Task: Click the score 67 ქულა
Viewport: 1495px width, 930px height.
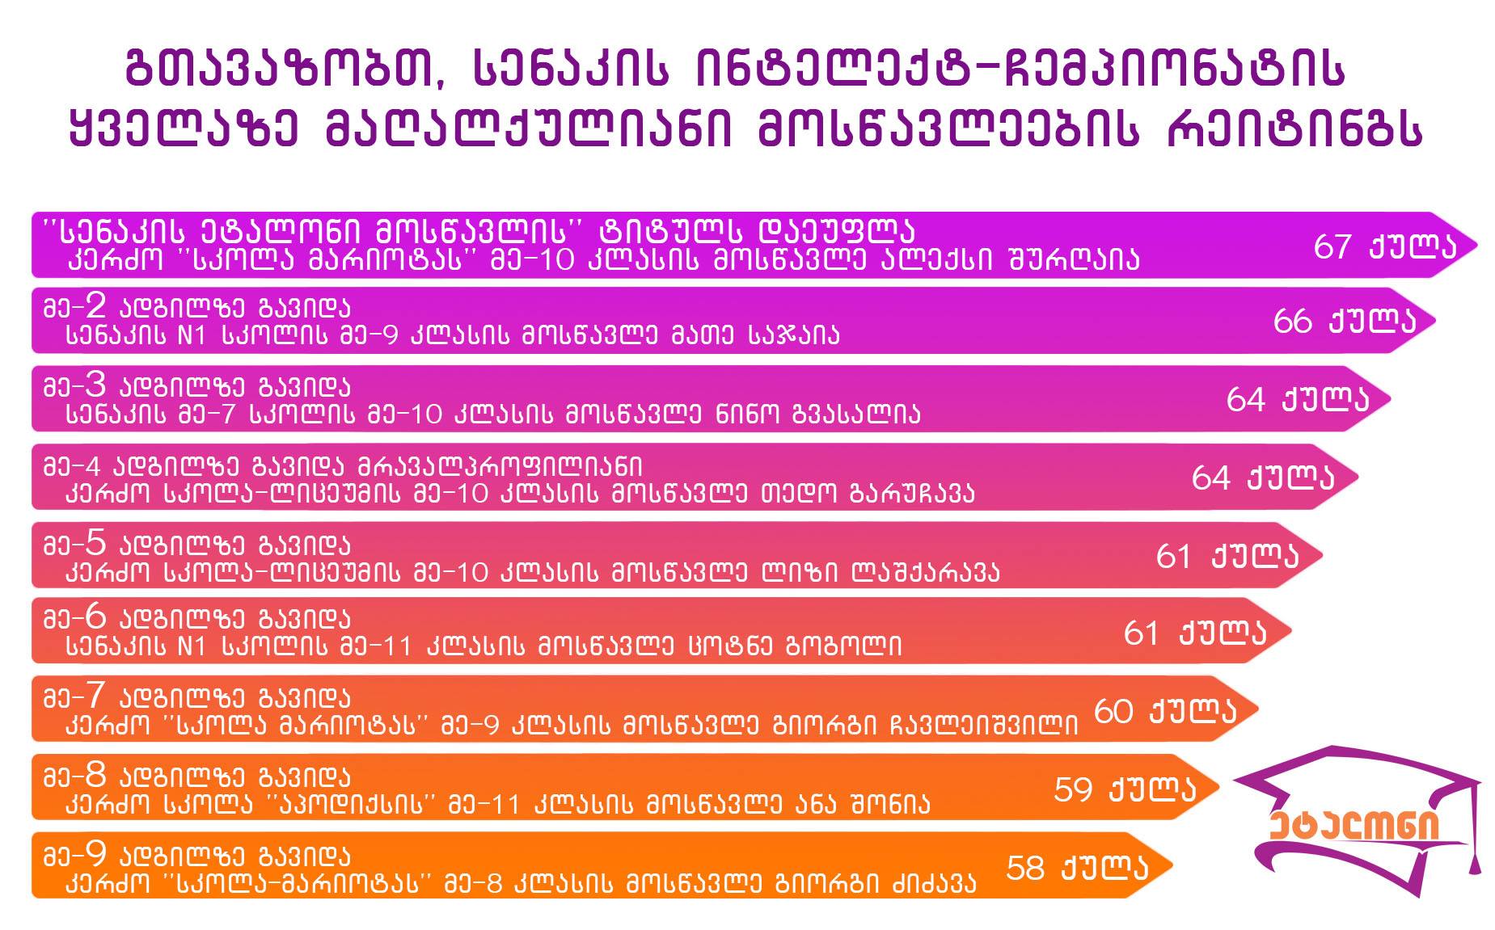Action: click(x=1384, y=246)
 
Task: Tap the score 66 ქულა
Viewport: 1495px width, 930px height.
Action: click(x=1345, y=321)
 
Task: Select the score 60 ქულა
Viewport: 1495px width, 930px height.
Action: click(x=1165, y=711)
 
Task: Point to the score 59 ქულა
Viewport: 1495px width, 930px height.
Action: click(x=1125, y=789)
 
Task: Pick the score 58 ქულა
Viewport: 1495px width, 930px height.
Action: click(x=1077, y=868)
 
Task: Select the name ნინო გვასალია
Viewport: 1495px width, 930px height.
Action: click(x=817, y=414)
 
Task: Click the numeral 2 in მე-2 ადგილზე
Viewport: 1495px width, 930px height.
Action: click(x=95, y=305)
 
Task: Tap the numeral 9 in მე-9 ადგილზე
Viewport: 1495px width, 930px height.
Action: click(x=95, y=853)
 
